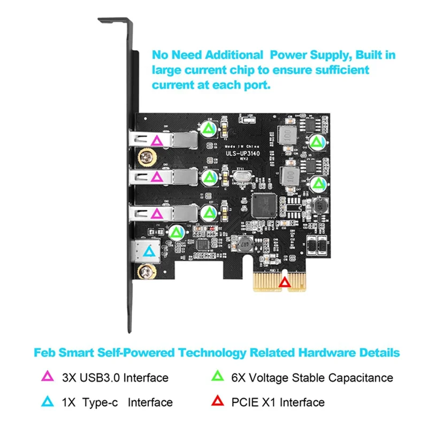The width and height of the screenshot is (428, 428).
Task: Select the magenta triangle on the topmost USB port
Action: click(x=157, y=141)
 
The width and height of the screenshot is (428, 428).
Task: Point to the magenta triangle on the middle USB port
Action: click(x=157, y=177)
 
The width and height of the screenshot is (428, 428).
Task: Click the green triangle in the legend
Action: click(x=217, y=377)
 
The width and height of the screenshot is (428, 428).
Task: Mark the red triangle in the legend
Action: click(x=217, y=402)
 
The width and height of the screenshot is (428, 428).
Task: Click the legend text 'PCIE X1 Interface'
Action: click(x=278, y=402)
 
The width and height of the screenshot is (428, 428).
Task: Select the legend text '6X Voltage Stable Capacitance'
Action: click(x=312, y=377)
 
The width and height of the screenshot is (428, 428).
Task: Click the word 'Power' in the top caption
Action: click(x=289, y=55)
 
